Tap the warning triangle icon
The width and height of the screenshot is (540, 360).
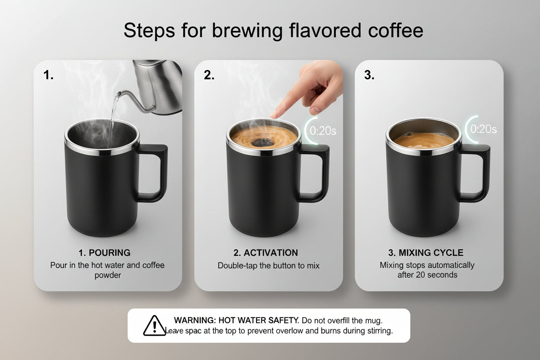coord(154,325)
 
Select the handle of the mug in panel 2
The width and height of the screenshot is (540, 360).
coord(317,173)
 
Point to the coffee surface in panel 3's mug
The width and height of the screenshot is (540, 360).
coord(423,141)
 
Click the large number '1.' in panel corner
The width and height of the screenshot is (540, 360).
coord(48,75)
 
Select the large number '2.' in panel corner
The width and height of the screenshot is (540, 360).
coord(209,75)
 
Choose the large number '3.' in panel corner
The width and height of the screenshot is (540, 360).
coord(369,75)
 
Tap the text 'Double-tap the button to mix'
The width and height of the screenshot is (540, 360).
coord(268,266)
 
